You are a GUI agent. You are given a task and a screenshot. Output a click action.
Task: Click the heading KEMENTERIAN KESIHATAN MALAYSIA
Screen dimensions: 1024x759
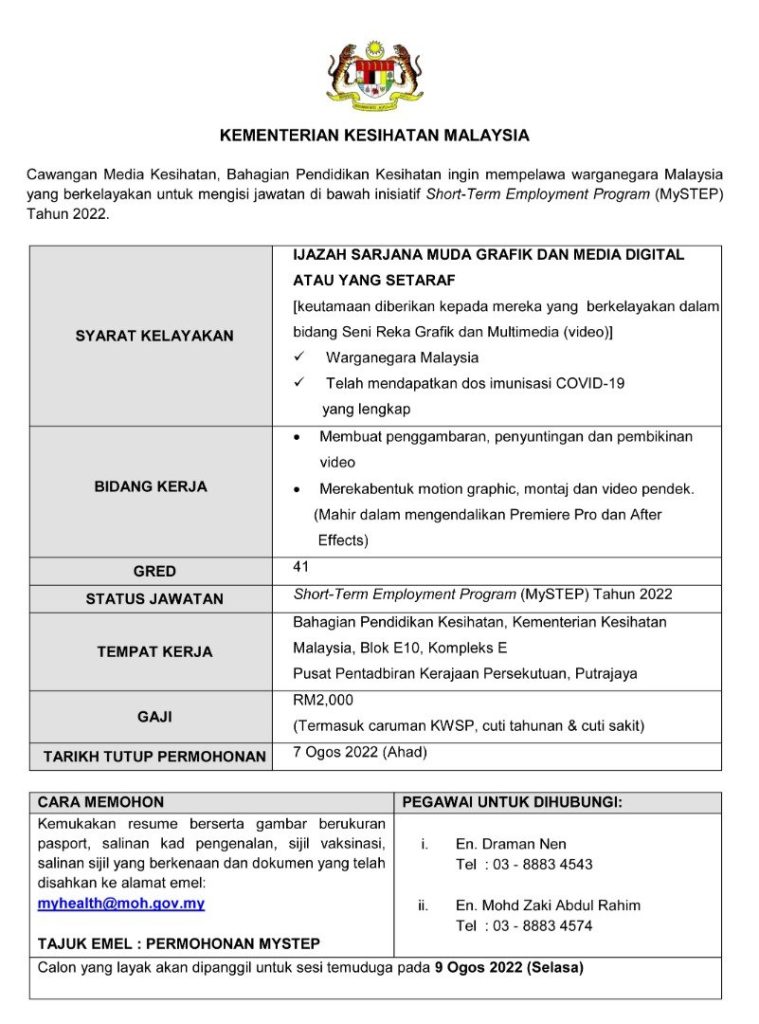(375, 135)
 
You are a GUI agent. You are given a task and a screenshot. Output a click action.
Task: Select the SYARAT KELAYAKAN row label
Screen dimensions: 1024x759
(154, 336)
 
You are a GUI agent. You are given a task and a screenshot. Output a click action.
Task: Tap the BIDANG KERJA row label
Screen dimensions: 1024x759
(151, 487)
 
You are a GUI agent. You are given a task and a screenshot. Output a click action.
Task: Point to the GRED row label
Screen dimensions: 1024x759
(154, 571)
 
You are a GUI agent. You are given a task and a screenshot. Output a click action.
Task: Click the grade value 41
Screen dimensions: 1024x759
(301, 567)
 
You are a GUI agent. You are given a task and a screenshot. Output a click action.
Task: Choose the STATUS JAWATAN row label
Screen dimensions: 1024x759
(154, 599)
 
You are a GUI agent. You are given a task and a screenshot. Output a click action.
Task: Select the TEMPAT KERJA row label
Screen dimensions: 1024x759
(154, 652)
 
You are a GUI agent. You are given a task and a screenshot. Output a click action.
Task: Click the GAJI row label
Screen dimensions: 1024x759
(154, 717)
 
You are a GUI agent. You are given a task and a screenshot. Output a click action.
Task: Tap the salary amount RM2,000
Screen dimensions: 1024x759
(323, 700)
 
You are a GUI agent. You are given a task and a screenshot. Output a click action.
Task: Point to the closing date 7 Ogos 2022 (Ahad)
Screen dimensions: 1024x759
(360, 753)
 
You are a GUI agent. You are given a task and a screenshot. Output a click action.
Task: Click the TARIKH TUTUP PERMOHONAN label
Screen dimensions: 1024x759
(154, 757)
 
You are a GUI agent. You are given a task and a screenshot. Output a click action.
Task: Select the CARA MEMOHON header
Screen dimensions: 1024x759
(101, 802)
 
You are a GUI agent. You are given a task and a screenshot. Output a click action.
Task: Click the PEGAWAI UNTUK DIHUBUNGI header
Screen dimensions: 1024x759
(512, 802)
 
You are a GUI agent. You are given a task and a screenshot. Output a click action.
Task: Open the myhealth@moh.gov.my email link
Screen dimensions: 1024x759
(121, 903)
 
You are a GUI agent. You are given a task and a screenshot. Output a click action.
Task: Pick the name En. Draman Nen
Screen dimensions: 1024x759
(511, 844)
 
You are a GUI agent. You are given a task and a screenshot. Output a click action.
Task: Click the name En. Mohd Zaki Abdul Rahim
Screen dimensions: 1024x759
(548, 905)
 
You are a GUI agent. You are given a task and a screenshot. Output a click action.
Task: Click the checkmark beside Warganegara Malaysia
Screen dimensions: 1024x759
(299, 357)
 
